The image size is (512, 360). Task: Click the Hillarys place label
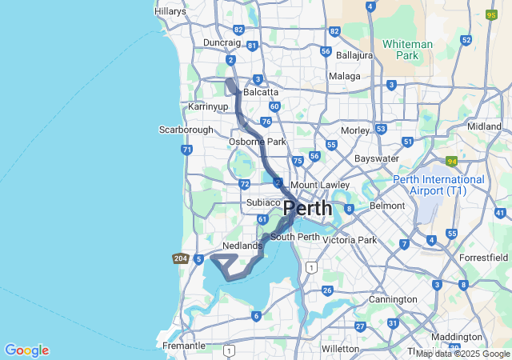170,11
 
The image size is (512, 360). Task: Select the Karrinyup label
207,106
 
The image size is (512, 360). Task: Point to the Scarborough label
186,130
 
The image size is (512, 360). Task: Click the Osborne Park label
257,142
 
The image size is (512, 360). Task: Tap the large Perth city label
308,208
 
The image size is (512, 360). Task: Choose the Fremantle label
183,346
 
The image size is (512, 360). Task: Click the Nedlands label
242,246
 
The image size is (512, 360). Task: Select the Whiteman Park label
407,50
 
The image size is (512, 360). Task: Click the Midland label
484,126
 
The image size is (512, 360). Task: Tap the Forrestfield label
484,258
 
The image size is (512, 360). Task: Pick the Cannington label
393,299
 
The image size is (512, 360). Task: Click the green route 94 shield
452,161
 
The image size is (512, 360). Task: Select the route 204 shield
181,258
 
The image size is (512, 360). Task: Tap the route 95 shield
491,14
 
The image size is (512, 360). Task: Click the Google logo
26,350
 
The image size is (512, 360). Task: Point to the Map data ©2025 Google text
462,354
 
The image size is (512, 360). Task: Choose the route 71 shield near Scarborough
186,150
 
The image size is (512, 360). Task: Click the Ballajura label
355,55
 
